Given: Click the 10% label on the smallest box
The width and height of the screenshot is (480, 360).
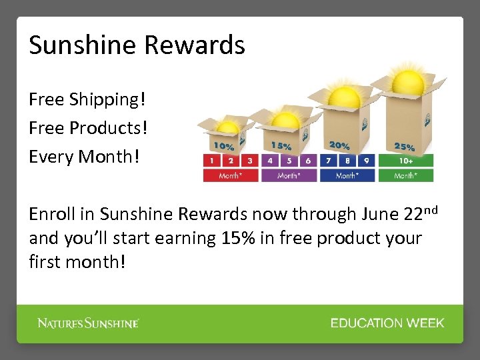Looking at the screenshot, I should pyautogui.click(x=223, y=145).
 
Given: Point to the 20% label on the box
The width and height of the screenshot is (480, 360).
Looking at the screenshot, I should pyautogui.click(x=339, y=145).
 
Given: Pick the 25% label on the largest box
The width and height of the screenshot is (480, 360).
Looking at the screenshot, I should pyautogui.click(x=405, y=147).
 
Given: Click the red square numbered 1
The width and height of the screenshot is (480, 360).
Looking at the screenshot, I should pyautogui.click(x=212, y=161).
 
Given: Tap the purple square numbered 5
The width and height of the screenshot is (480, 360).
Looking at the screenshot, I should pyautogui.click(x=289, y=161).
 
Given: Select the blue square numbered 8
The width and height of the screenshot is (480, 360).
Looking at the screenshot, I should pyautogui.click(x=347, y=161).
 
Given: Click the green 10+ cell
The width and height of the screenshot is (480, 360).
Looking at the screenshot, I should pyautogui.click(x=405, y=161).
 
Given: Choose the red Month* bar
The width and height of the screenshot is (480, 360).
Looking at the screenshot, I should pyautogui.click(x=231, y=175).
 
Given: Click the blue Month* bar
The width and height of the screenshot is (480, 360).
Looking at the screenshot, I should pyautogui.click(x=347, y=175).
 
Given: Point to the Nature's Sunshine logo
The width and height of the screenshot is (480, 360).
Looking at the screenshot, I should pyautogui.click(x=88, y=323).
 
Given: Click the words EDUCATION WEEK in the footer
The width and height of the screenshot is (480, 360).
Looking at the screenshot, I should pyautogui.click(x=387, y=323).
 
